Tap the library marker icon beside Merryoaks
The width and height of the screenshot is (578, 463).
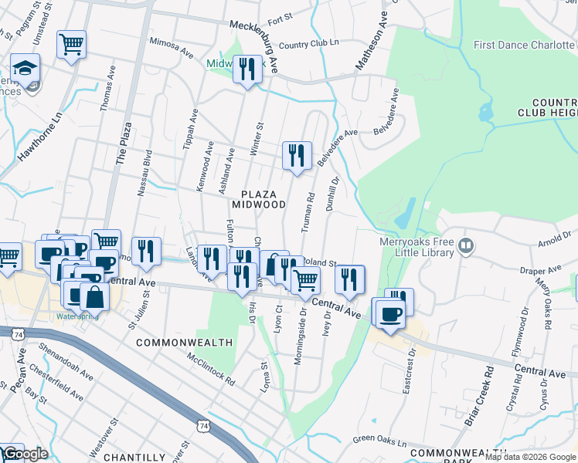click(466, 246)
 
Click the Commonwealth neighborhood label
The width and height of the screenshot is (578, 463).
click(185, 342)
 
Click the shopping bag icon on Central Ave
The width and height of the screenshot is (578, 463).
click(93, 296)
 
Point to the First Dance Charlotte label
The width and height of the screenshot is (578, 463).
click(525, 46)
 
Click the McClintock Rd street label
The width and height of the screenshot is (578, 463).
click(210, 368)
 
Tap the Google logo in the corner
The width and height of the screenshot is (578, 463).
click(25, 454)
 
